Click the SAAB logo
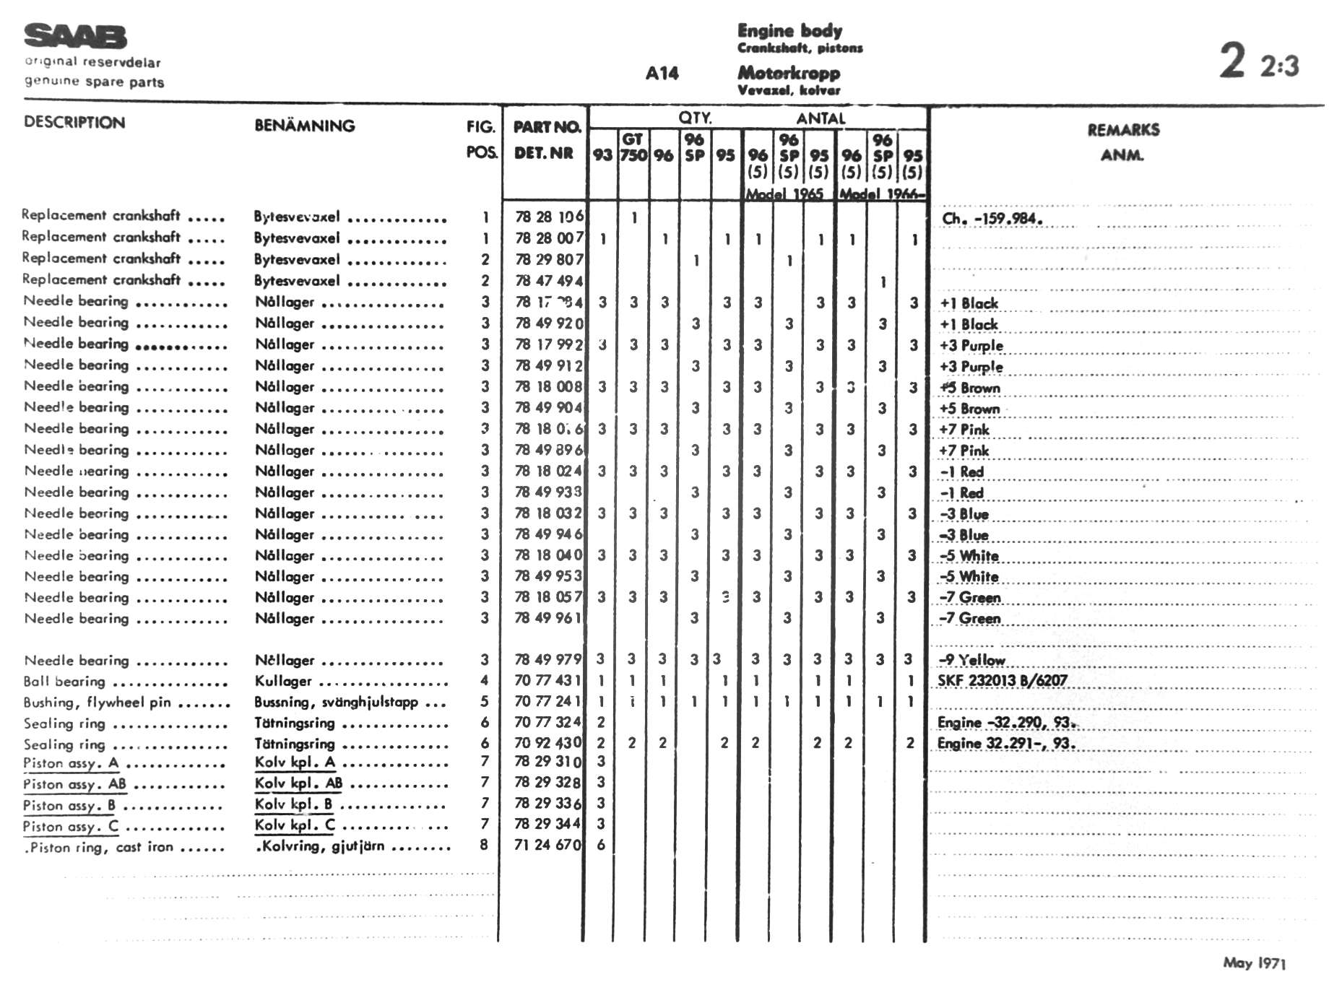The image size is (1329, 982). pyautogui.click(x=75, y=36)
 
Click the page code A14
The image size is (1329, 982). pyautogui.click(x=662, y=73)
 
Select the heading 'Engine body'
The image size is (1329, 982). pyautogui.click(x=789, y=30)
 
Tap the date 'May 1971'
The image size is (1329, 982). pyautogui.click(x=1255, y=963)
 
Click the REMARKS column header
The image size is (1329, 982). pyautogui.click(x=1123, y=130)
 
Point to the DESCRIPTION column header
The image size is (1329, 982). pyautogui.click(x=74, y=122)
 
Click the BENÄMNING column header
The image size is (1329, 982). pyautogui.click(x=304, y=126)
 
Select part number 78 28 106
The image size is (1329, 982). pyautogui.click(x=549, y=217)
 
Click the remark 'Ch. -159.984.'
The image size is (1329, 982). pyautogui.click(x=992, y=218)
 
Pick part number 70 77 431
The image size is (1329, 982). pyautogui.click(x=547, y=680)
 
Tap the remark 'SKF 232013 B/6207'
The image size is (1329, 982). pyautogui.click(x=1002, y=680)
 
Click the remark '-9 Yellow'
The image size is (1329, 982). pyautogui.click(x=971, y=660)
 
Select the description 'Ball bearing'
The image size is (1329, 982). pyautogui.click(x=64, y=682)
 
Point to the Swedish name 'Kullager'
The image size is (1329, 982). pyautogui.click(x=283, y=681)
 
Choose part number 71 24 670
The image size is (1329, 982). pyautogui.click(x=547, y=845)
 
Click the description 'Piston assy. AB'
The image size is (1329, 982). pyautogui.click(x=74, y=784)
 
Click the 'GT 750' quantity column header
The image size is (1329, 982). pyautogui.click(x=633, y=147)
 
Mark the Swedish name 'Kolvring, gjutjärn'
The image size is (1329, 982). pyautogui.click(x=322, y=846)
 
